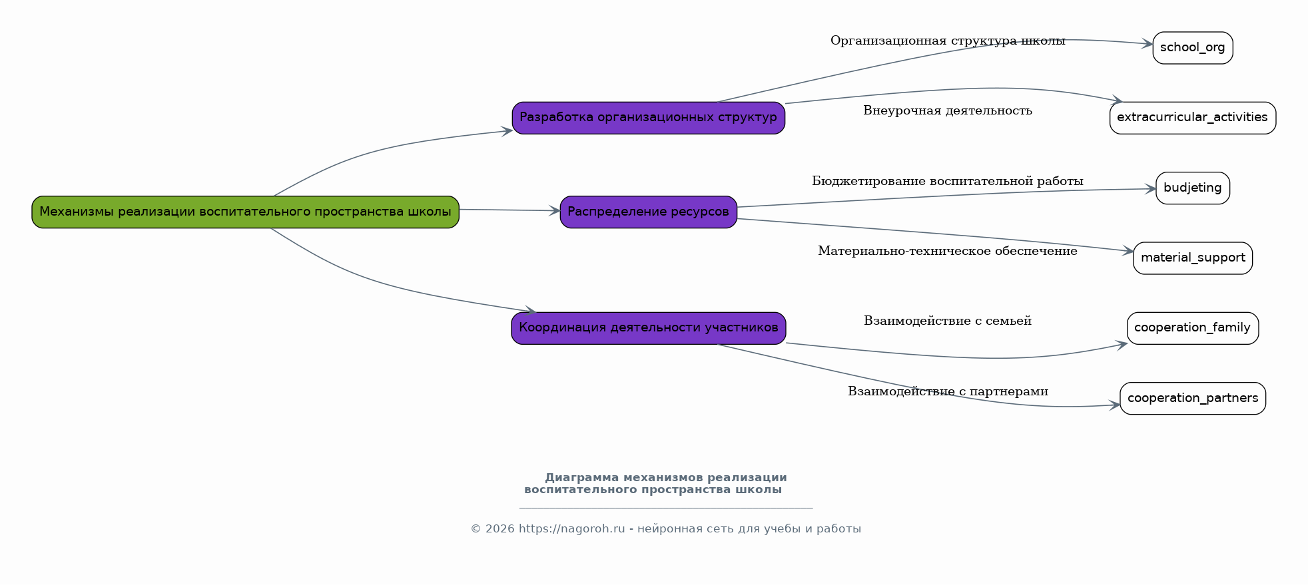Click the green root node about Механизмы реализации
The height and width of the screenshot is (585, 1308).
point(245,212)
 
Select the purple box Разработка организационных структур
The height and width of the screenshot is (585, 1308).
point(648,118)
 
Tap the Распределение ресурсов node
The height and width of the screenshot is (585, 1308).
point(648,212)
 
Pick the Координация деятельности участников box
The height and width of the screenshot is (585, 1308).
point(648,328)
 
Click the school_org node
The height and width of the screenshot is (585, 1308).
point(1192,48)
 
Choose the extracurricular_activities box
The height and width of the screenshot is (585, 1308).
point(1192,118)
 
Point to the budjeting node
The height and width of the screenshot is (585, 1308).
point(1192,188)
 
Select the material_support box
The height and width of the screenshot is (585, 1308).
point(1192,258)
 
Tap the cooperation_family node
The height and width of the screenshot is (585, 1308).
point(1192,328)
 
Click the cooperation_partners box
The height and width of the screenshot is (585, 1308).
point(1192,399)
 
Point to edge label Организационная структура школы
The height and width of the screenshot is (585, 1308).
point(947,41)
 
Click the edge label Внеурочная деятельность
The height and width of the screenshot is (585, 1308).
point(947,111)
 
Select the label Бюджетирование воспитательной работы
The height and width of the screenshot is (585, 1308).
point(947,181)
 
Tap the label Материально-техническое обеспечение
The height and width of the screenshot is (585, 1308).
point(947,252)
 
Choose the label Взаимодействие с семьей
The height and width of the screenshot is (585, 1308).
point(947,321)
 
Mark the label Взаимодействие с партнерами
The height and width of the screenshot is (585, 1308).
point(947,391)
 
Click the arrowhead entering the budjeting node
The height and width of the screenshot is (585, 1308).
point(1150,189)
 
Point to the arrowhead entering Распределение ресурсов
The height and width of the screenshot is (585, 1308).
point(554,211)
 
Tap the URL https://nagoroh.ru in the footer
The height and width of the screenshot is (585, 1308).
point(571,529)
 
